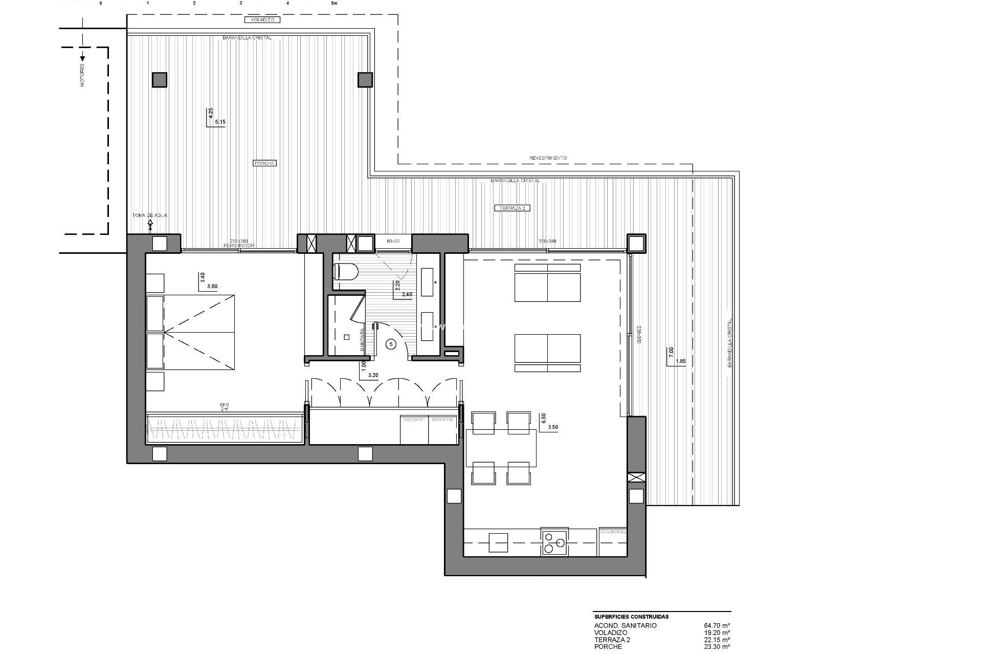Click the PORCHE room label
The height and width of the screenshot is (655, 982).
(x=264, y=163)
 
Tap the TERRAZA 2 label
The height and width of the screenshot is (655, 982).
(x=512, y=208)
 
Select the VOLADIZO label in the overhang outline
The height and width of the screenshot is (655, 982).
(x=262, y=20)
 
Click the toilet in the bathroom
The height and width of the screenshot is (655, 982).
(x=345, y=272)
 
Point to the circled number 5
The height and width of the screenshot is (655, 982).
(x=391, y=344)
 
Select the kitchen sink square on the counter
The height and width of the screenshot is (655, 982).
(x=498, y=542)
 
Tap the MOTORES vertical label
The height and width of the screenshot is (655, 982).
(x=82, y=75)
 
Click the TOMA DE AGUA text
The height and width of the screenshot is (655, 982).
(x=149, y=215)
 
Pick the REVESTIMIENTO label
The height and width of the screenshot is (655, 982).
(x=548, y=158)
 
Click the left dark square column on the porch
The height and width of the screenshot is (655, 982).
(x=159, y=80)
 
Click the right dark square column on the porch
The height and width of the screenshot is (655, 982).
(x=365, y=79)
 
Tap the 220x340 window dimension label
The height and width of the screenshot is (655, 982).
(x=547, y=241)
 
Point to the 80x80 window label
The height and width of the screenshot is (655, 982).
(x=393, y=241)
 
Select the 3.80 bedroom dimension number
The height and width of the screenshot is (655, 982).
(x=212, y=287)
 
